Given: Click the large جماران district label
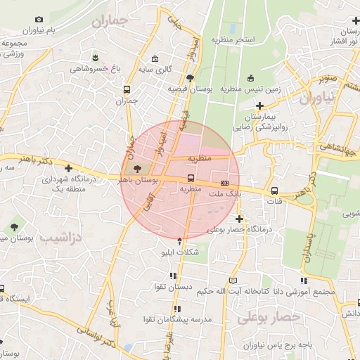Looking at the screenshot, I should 110,22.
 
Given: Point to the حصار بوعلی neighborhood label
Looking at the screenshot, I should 269,317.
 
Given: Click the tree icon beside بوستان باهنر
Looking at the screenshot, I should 136,169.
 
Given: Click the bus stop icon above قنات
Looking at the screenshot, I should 274,191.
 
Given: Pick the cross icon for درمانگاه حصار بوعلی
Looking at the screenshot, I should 239,219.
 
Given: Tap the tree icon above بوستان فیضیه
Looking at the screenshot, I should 191,78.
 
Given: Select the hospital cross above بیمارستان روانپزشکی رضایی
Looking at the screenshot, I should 259,105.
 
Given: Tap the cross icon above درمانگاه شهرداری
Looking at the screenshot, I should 68,168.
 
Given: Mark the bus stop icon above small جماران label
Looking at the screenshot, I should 127,90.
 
